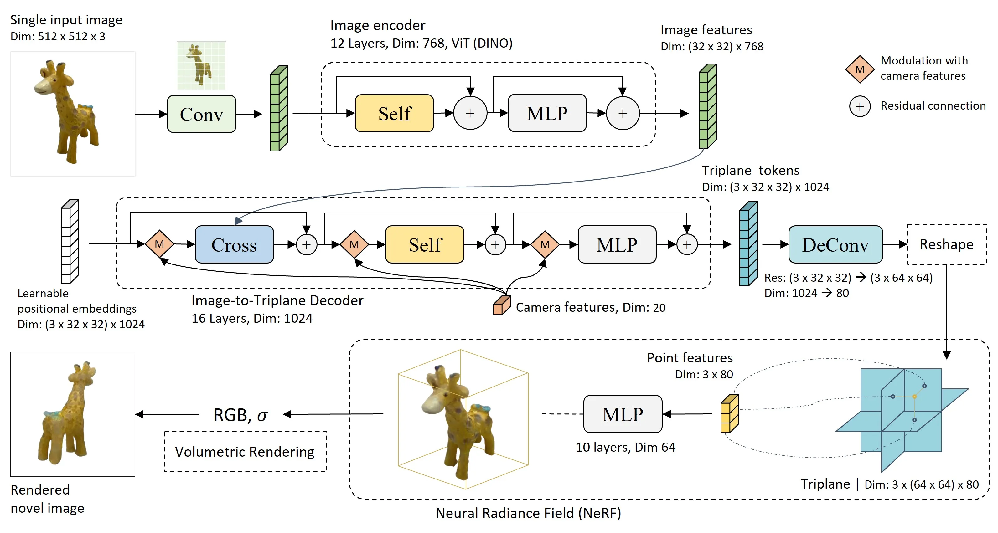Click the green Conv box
(201, 114)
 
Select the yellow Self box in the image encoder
(394, 113)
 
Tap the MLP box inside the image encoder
(547, 113)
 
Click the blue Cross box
(234, 245)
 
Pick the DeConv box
(835, 245)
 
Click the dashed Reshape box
(946, 244)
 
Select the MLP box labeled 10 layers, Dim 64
(622, 414)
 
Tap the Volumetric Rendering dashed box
(245, 452)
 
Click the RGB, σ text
(240, 415)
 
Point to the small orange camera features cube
(501, 305)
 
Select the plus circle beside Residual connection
(860, 106)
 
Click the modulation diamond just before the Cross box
(159, 244)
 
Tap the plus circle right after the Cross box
(307, 245)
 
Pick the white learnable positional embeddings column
(70, 242)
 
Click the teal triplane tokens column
(748, 244)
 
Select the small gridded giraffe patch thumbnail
(201, 65)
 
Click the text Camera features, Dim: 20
(590, 307)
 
